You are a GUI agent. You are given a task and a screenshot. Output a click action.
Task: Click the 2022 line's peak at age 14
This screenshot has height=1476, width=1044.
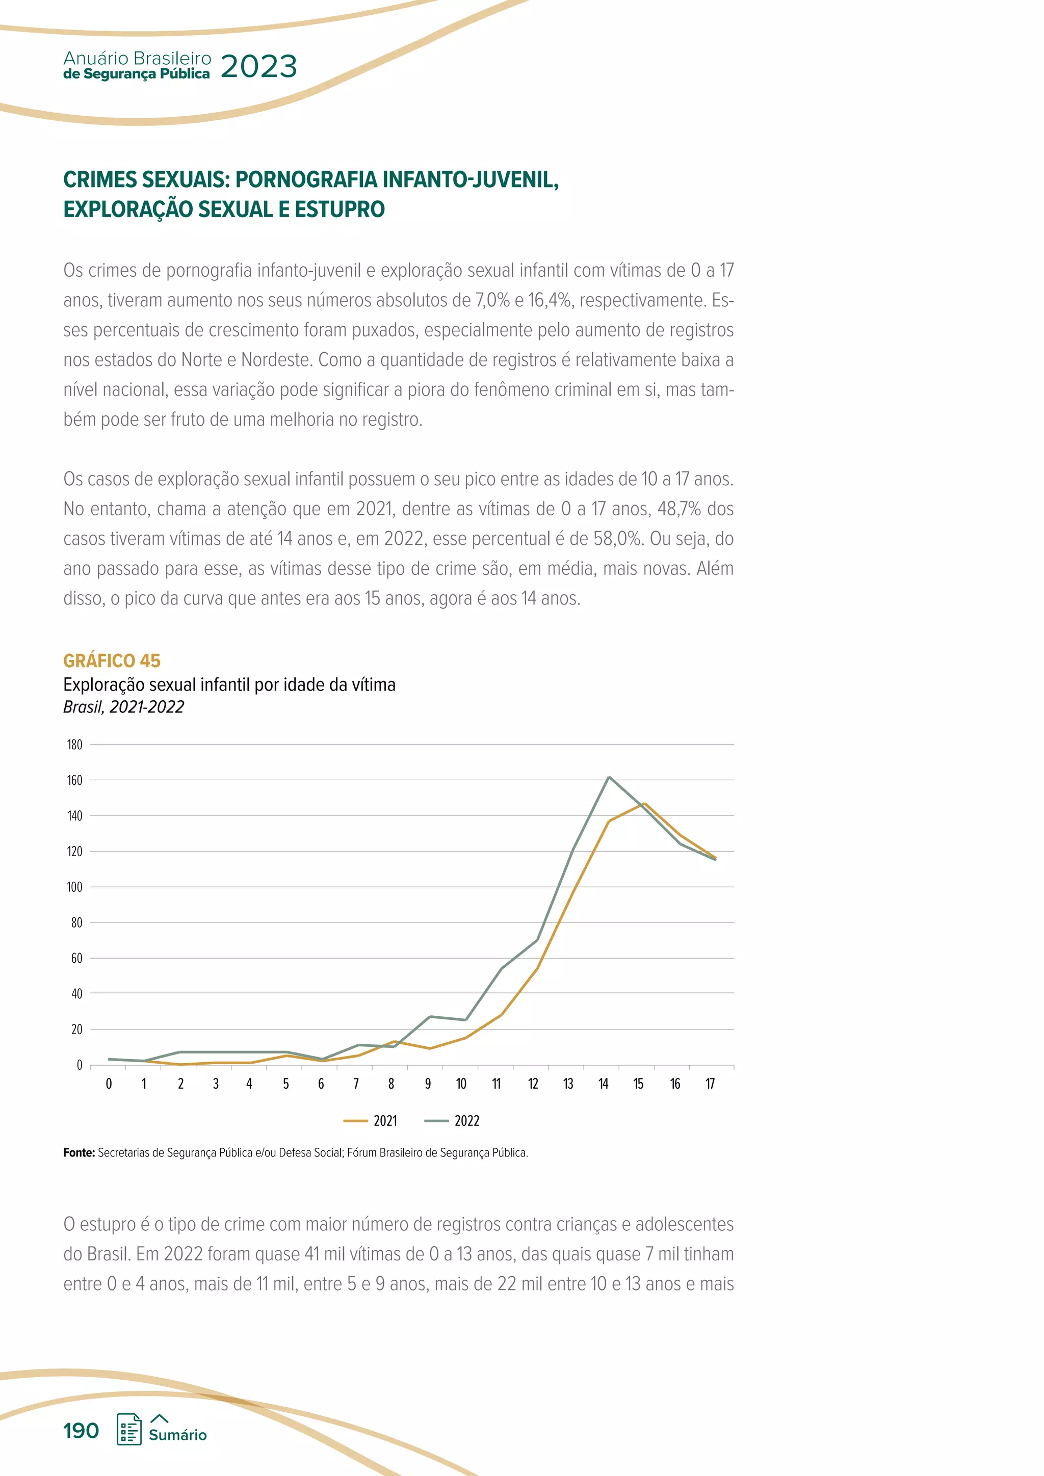click(x=609, y=777)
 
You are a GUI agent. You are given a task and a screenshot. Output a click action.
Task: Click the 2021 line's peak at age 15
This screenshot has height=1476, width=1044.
click(x=644, y=804)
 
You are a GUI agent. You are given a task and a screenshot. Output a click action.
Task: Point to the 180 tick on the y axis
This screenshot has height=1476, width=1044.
click(x=74, y=745)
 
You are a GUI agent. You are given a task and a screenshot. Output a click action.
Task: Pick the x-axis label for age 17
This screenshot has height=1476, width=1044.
click(x=710, y=1084)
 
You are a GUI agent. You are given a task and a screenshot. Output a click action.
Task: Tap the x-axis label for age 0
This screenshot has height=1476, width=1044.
click(x=109, y=1084)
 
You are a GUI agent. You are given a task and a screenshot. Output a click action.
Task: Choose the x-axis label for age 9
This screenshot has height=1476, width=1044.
click(x=428, y=1084)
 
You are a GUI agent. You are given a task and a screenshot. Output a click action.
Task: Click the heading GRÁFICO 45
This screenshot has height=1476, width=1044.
click(x=112, y=661)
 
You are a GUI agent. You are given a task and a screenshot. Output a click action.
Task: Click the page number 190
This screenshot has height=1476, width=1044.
click(x=81, y=1431)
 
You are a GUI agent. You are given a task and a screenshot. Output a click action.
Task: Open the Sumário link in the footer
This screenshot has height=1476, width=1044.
click(x=177, y=1435)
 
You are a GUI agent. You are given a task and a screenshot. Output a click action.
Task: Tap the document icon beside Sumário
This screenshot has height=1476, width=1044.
click(x=128, y=1430)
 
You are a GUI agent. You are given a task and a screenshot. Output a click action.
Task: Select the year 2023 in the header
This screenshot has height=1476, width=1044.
click(x=258, y=66)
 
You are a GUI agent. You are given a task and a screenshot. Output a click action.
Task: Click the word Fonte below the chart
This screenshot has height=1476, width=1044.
click(x=79, y=1153)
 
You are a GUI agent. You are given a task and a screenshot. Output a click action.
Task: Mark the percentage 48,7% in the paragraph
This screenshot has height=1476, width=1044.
click(x=679, y=509)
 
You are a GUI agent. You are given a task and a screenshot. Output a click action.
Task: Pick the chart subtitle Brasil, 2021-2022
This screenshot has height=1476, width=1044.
click(x=123, y=707)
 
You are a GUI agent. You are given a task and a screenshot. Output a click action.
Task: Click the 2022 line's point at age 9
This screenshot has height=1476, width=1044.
click(x=429, y=1017)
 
